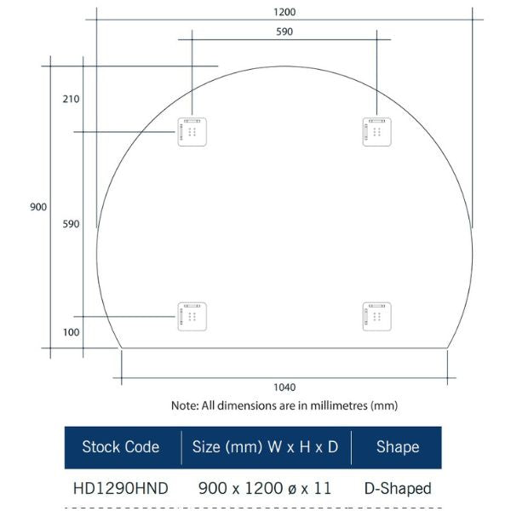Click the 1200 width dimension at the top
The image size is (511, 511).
click(284, 13)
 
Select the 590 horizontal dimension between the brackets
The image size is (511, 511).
click(284, 32)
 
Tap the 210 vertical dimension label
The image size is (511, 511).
click(71, 99)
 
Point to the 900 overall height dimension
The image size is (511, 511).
click(37, 207)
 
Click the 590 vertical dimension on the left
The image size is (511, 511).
click(71, 224)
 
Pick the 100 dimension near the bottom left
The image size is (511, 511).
click(71, 332)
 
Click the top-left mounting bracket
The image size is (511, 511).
click(192, 132)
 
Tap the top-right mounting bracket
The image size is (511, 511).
click(376, 132)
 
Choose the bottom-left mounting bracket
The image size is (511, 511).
click(192, 316)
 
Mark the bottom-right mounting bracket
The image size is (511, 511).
click(376, 316)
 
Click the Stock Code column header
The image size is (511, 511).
click(120, 447)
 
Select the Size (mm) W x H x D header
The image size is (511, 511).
click(265, 447)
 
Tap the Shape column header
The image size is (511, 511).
click(398, 447)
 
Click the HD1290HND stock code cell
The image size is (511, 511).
click(120, 489)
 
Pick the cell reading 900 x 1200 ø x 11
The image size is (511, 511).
click(267, 489)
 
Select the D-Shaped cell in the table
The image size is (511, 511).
click(398, 489)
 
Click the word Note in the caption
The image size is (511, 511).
click(184, 406)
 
